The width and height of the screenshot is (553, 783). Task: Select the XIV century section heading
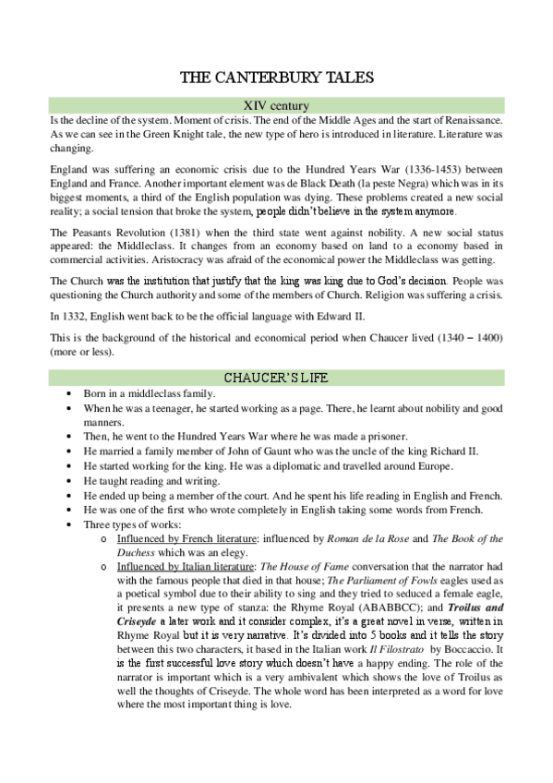tap(276, 105)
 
